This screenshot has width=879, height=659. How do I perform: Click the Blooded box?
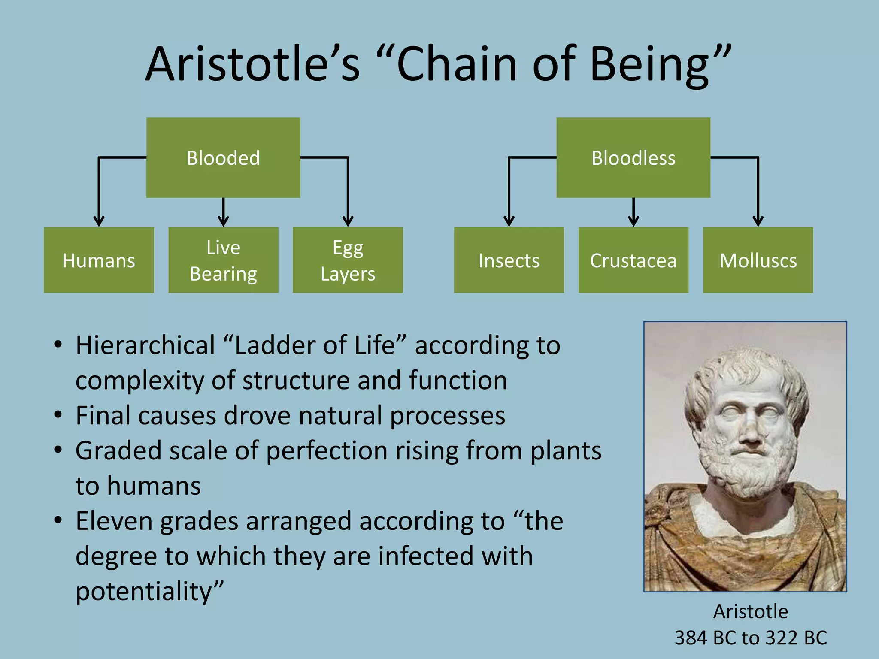tap(223, 157)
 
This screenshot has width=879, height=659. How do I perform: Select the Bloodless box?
tap(633, 157)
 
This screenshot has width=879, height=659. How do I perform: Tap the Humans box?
tap(99, 260)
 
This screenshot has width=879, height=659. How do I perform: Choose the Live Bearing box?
tap(223, 260)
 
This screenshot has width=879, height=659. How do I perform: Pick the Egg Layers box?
tap(348, 260)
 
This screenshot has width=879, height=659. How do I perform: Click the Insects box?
tap(509, 260)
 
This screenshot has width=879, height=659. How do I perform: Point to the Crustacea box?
tap(633, 260)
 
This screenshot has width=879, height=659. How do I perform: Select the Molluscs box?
tap(758, 260)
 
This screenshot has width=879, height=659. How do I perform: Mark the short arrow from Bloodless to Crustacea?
tap(633, 211)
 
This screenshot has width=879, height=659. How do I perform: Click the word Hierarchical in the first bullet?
tap(145, 345)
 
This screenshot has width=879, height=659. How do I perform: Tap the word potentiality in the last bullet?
tap(144, 592)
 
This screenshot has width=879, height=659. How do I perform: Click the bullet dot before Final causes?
tap(58, 415)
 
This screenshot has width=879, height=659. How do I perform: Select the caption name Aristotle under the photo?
tap(750, 611)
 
